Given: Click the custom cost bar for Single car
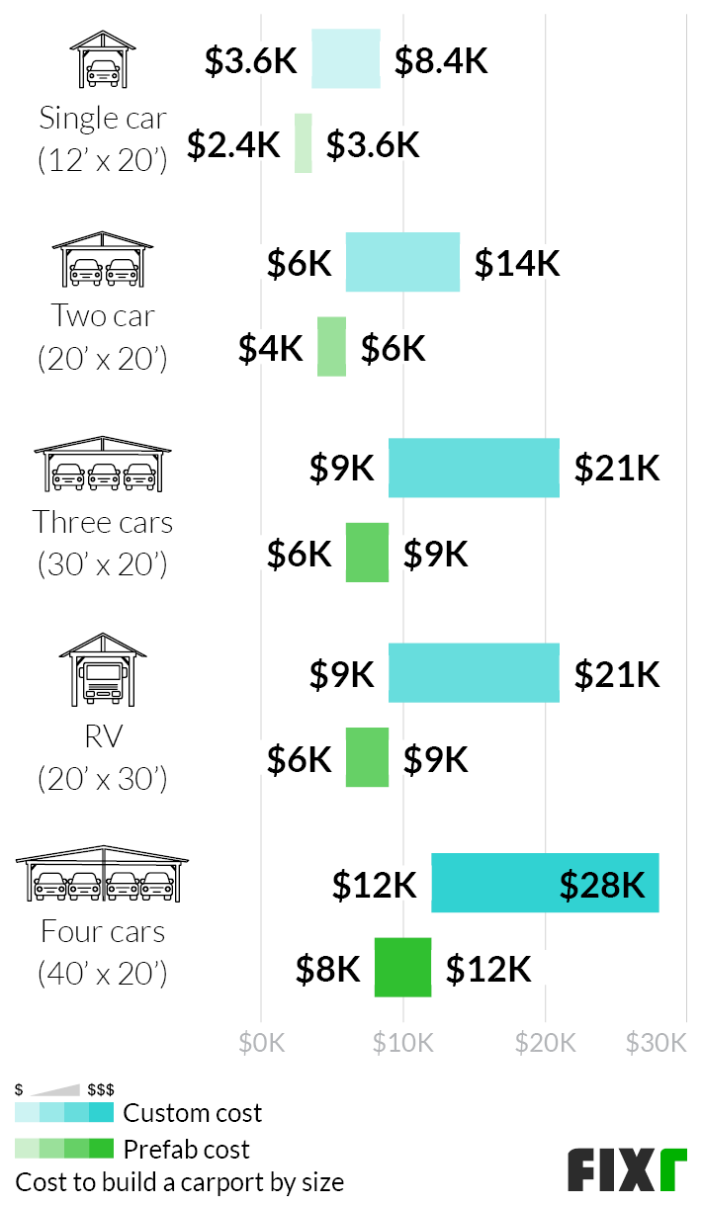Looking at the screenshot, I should click(346, 59).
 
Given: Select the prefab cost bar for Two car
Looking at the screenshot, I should click(331, 347).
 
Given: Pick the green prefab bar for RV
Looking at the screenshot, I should click(367, 757).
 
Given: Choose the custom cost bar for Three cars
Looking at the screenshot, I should click(474, 468).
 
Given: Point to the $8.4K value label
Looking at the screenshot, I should click(441, 61).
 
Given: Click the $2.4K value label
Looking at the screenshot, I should click(234, 145).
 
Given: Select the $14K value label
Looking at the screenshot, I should click(517, 264).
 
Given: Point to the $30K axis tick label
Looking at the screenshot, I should click(657, 1043).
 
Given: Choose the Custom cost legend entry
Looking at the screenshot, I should click(192, 1113).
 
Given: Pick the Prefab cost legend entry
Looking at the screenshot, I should click(186, 1150).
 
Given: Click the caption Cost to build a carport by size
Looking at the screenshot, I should click(180, 1182).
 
